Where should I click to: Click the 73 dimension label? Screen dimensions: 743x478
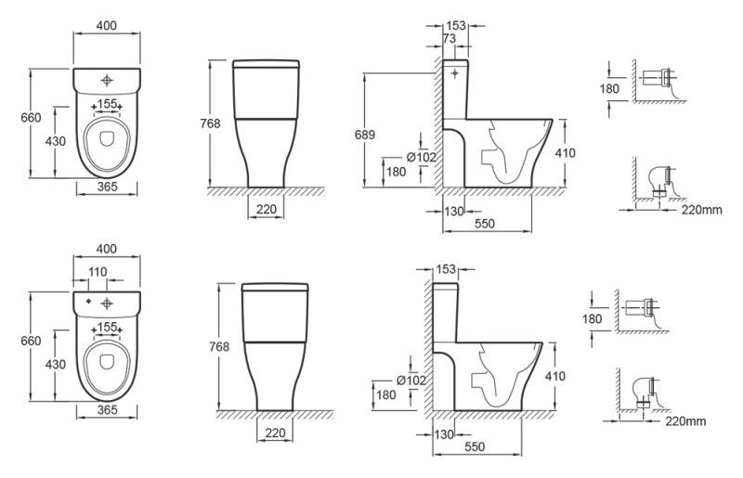449,38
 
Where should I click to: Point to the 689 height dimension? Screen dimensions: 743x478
365,135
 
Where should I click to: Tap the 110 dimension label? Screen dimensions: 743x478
98,272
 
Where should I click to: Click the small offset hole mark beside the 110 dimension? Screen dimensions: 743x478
88,302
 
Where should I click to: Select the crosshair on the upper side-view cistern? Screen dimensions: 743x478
455,73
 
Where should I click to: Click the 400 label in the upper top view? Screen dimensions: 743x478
106,26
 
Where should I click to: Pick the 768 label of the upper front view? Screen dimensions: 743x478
210,123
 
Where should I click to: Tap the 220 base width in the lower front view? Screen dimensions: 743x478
275,433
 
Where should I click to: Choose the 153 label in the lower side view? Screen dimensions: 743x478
446,269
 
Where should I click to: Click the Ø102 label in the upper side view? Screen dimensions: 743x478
422,157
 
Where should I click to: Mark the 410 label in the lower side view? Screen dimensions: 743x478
554,376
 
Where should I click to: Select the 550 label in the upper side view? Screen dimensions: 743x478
484,224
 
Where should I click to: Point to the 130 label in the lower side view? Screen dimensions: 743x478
444,434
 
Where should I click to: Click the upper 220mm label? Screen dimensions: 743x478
702,210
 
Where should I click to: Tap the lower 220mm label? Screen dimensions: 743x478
685,420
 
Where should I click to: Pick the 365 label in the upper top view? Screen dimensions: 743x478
107,187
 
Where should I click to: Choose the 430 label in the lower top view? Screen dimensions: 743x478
56,365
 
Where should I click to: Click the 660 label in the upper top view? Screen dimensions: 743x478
31,118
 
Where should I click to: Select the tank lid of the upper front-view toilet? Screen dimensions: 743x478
266,63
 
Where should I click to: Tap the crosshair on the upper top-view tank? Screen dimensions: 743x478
107,80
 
